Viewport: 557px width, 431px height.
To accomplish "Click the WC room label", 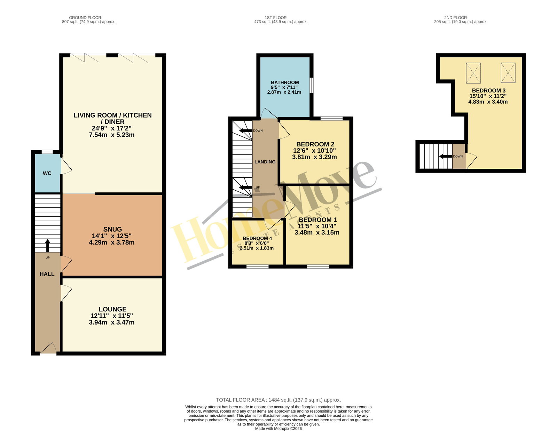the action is pyautogui.click(x=47, y=173).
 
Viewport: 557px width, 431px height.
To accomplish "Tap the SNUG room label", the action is pyautogui.click(x=112, y=230).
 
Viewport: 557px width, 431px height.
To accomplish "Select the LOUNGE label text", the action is pyautogui.click(x=112, y=309).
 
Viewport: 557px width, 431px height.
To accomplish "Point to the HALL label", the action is pyautogui.click(x=47, y=274).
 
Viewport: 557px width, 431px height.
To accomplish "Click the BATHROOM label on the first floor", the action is pyautogui.click(x=285, y=82).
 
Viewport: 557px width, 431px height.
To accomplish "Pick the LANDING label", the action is pyautogui.click(x=265, y=162).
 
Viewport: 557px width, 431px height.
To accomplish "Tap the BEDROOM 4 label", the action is pyautogui.click(x=257, y=238).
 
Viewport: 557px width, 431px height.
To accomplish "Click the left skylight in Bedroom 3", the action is pyautogui.click(x=473, y=73).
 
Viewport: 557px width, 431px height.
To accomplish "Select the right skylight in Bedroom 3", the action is pyautogui.click(x=508, y=73).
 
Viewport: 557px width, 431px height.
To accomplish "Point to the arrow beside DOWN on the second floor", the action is pyautogui.click(x=446, y=156).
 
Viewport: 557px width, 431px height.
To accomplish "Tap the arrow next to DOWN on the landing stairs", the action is pyautogui.click(x=245, y=130).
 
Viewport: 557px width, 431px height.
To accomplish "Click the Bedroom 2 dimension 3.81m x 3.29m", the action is pyautogui.click(x=314, y=157).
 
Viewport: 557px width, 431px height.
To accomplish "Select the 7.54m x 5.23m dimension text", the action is pyautogui.click(x=111, y=135).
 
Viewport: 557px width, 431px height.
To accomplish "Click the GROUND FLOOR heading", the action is pyautogui.click(x=85, y=18).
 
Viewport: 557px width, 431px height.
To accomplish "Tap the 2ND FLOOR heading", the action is pyautogui.click(x=455, y=18).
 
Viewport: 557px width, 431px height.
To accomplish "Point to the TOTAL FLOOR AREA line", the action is pyautogui.click(x=278, y=400).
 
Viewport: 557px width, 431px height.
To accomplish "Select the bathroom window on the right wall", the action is pyautogui.click(x=311, y=85).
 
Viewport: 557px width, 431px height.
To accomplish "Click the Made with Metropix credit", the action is pyautogui.click(x=278, y=429).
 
